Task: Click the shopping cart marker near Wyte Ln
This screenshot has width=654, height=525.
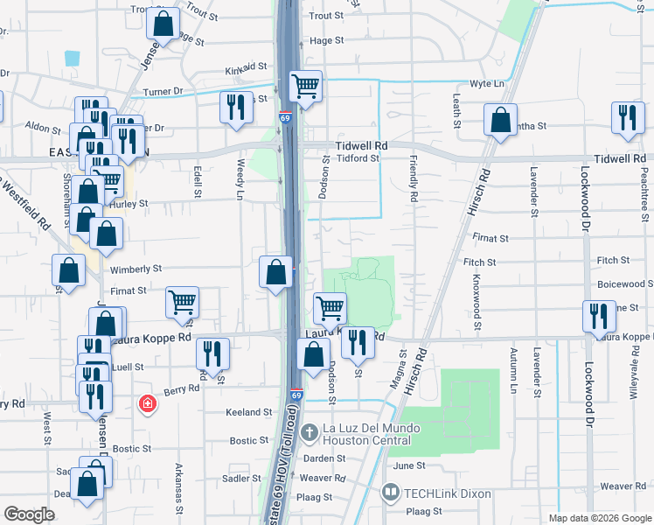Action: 305,87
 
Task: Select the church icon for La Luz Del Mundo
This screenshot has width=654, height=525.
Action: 308,433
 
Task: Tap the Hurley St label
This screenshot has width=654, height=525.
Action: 131,203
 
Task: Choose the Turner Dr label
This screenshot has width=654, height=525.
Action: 163,91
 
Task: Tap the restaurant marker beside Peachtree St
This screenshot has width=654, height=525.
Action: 627,121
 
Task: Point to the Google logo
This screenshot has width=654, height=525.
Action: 30,514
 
